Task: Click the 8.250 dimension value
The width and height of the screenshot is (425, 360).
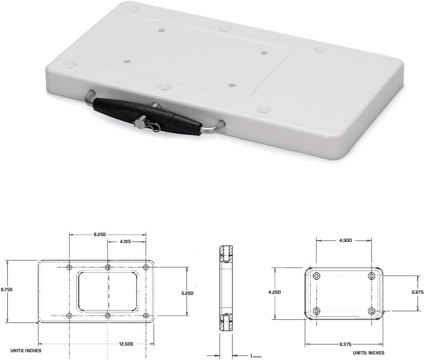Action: (x=100, y=234)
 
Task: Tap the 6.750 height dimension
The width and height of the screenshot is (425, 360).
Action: (x=6, y=290)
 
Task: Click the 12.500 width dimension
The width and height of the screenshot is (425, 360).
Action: (x=126, y=344)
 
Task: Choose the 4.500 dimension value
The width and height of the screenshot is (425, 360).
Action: (x=345, y=240)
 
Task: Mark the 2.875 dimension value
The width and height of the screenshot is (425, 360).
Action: (x=417, y=292)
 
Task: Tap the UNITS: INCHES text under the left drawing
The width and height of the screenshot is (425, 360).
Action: (x=26, y=350)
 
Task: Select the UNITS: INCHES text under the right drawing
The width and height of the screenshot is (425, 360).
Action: (x=368, y=353)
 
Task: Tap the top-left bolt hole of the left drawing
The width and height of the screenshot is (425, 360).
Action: (x=70, y=267)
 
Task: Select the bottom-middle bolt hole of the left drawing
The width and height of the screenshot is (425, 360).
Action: (x=108, y=316)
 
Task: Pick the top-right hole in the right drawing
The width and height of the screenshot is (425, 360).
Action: (x=372, y=276)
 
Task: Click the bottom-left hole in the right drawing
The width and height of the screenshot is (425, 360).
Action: (x=317, y=311)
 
